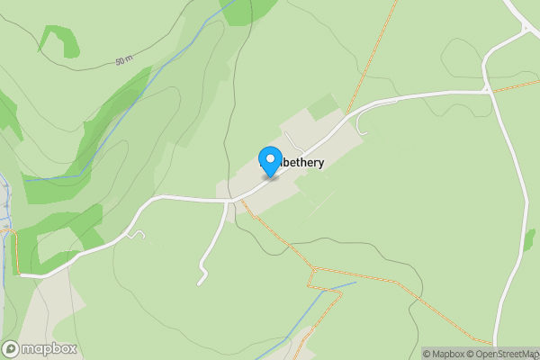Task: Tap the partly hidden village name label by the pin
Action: (293, 164)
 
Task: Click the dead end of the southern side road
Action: (200, 283)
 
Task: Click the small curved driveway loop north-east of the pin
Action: (362, 126)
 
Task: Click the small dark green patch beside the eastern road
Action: (530, 239)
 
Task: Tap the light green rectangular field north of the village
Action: (322, 107)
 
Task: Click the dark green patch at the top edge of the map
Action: (247, 9)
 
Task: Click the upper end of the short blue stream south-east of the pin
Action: (354, 283)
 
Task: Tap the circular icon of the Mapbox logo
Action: (11, 349)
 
